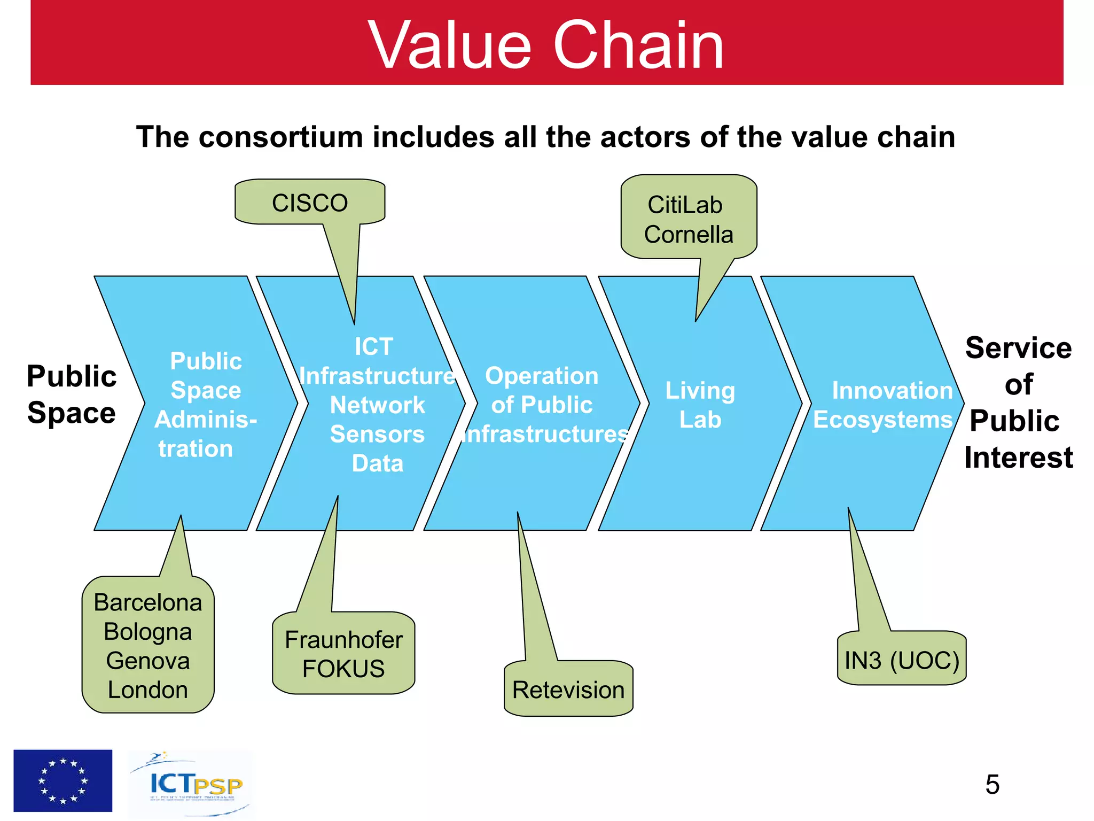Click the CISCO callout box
310,203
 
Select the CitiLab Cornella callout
688,219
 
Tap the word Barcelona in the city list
148,602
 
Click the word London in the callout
148,690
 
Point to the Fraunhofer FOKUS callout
343,654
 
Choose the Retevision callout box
568,690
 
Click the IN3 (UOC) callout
902,660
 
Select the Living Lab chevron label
700,405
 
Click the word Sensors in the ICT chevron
377,434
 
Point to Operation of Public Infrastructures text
542,405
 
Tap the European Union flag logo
63,780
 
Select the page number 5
992,785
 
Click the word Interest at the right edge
1018,458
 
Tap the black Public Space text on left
72,394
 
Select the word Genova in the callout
148,661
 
